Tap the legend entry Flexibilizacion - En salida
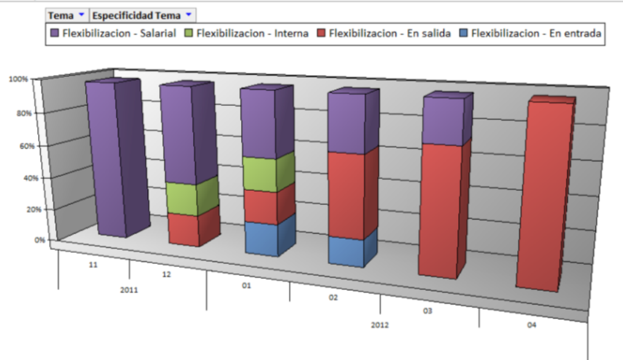point(388,34)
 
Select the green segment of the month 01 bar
point(261,174)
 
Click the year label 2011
point(130,289)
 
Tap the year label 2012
point(379,324)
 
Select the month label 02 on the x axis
point(333,297)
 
